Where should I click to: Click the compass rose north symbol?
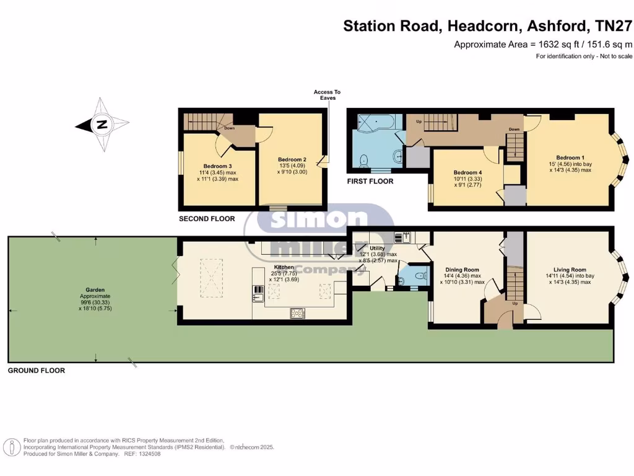click(x=102, y=125)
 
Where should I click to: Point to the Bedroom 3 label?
click(x=217, y=165)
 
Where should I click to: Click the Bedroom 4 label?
click(x=467, y=172)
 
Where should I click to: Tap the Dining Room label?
click(x=463, y=270)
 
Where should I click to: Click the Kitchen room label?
click(x=284, y=267)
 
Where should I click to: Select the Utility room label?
click(x=377, y=248)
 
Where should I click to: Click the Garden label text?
click(x=95, y=289)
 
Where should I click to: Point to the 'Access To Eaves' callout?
click(x=327, y=95)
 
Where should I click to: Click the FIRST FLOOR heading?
click(x=370, y=182)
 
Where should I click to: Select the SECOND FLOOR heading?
click(x=207, y=219)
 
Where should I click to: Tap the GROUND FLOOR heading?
click(x=36, y=371)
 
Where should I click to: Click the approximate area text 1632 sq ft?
click(x=543, y=44)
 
